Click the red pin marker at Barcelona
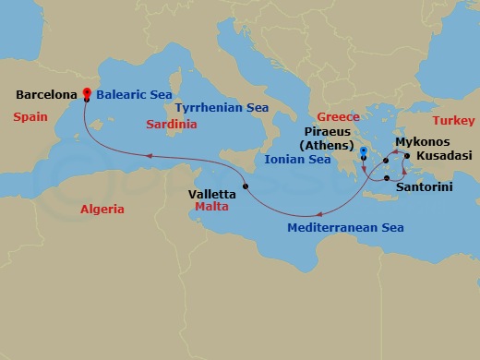[86, 92]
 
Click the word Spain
[30, 117]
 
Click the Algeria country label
[102, 210]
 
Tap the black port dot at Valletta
[246, 187]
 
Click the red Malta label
[211, 208]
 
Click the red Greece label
[338, 117]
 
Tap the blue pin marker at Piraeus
[365, 151]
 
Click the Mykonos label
[421, 143]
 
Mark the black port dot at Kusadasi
[407, 157]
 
